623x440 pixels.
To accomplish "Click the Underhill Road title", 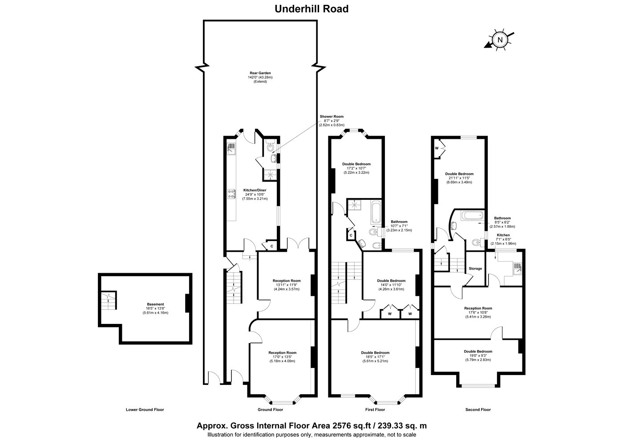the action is (x=311, y=9).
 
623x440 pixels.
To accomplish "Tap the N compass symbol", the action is (x=500, y=40).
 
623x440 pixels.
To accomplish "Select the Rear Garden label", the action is (x=260, y=73).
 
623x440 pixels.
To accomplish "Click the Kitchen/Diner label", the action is (x=255, y=190).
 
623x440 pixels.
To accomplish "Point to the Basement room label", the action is (x=155, y=304).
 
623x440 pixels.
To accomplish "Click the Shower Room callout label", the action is (x=332, y=117).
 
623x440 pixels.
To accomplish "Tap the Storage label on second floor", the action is (x=475, y=269).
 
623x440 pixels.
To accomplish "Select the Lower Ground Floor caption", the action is (x=145, y=410).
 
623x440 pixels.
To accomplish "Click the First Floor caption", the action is (x=375, y=410).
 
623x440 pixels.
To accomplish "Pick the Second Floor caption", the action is (x=478, y=410).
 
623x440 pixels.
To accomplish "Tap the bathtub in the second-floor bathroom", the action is (x=472, y=215).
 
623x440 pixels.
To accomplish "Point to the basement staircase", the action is (x=108, y=300).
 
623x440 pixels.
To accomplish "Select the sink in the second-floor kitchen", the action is (x=517, y=268).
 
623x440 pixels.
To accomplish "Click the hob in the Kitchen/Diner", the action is (x=231, y=194).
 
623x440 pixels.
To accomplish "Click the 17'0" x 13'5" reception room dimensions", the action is (x=282, y=357).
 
